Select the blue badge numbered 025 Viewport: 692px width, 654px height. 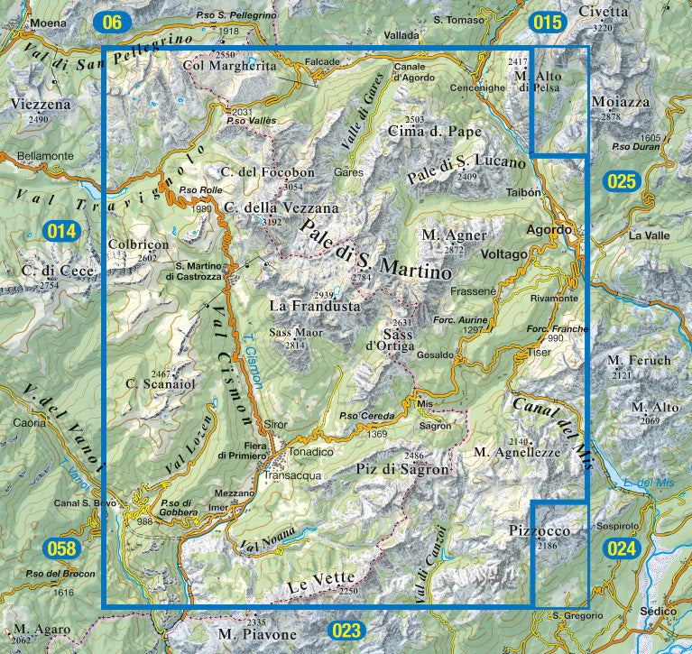(x=623, y=181)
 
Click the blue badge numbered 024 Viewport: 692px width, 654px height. (x=622, y=548)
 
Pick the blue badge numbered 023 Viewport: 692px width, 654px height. (x=346, y=630)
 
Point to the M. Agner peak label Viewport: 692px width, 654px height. (x=447, y=235)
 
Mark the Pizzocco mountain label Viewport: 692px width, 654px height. (x=539, y=530)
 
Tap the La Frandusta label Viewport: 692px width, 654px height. (x=315, y=307)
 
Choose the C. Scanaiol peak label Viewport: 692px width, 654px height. (x=161, y=384)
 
